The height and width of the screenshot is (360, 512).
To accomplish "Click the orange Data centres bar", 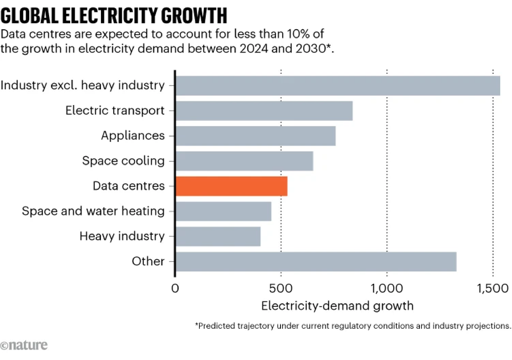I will coord(231,186).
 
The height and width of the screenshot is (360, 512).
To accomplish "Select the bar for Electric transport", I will coord(264,111).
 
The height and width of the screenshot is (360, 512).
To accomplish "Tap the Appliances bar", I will coord(255,136).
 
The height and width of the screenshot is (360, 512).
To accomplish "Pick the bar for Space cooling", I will coord(244,161).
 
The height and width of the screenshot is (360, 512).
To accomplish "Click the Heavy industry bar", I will coord(218,236).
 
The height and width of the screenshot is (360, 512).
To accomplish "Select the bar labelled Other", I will coord(316,261).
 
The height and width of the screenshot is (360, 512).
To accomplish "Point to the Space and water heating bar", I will coord(223,211).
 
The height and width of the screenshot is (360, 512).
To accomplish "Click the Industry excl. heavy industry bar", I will coord(338,86).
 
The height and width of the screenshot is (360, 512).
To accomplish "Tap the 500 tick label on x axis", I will coord(281,288).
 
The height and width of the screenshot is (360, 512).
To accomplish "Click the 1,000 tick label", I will coord(387,288).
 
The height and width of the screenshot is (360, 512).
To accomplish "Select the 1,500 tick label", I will coord(493,288).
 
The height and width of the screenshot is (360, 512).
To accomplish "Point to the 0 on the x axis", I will coord(176,288).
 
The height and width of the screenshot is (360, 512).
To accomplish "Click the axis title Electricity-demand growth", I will coord(337,306).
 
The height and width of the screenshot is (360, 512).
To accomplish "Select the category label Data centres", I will coord(129,186).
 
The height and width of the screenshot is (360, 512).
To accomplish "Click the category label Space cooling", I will coord(123,161).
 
